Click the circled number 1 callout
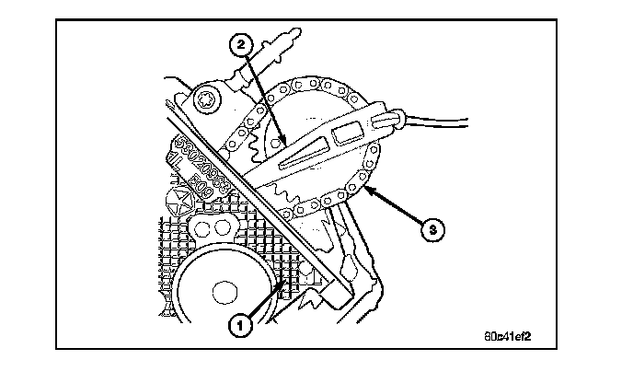pyautogui.click(x=240, y=325)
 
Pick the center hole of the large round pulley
pyautogui.click(x=221, y=293)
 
